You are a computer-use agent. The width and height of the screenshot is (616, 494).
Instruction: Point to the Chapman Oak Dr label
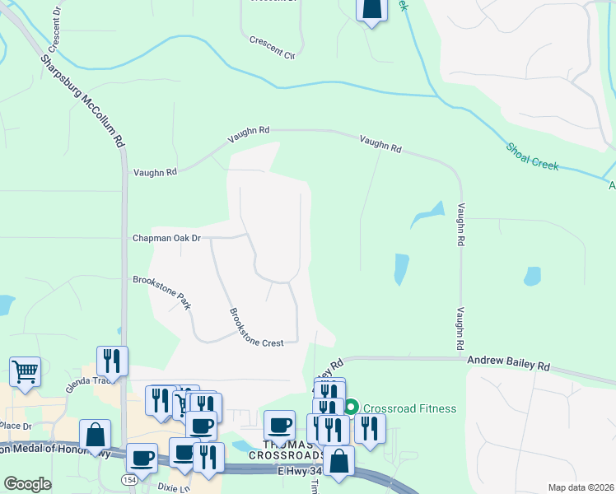pos(167,238)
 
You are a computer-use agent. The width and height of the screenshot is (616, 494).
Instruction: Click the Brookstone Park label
pos(162,291)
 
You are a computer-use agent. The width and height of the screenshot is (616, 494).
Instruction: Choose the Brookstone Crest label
pos(256,327)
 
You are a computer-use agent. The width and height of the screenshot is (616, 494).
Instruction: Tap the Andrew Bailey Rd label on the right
pos(507,361)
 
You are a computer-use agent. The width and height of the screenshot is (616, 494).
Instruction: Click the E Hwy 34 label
pos(306,470)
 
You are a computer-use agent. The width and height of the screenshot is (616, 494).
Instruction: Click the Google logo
pos(27,484)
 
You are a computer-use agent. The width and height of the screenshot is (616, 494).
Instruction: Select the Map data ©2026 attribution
pos(581,487)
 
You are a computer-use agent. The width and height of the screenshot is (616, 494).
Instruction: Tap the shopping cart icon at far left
pos(25,370)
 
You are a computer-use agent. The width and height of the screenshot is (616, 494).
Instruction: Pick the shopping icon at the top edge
pos(372,8)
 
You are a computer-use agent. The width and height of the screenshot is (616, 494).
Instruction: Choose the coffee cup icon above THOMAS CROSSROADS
pos(280,424)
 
